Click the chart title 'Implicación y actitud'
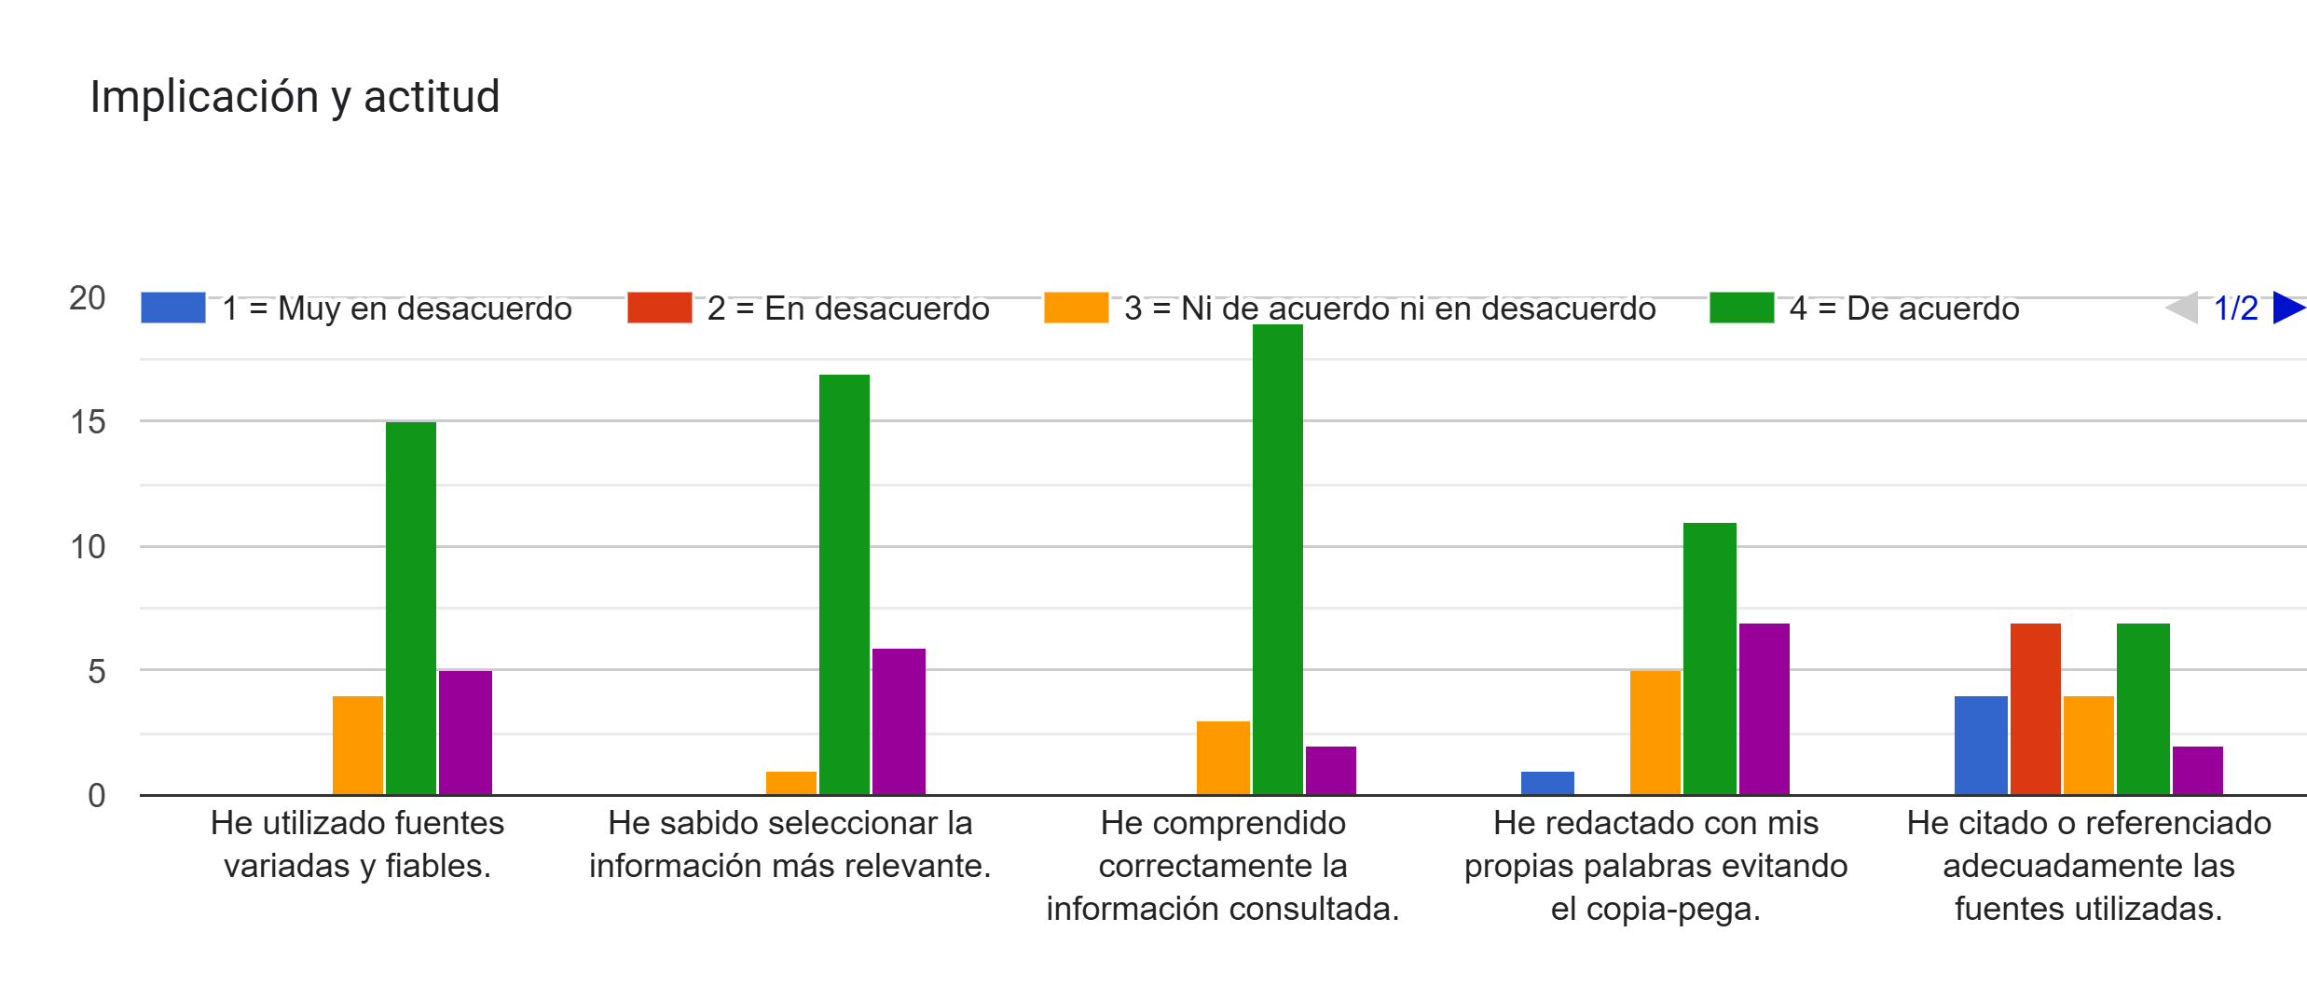click(x=295, y=97)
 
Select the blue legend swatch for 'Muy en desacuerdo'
click(x=172, y=308)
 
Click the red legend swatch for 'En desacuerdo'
click(x=659, y=308)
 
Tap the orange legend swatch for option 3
click(x=1076, y=308)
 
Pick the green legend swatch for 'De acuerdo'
click(x=1741, y=308)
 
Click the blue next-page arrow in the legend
click(x=2288, y=308)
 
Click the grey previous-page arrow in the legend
click(x=2182, y=308)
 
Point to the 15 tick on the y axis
click(x=89, y=422)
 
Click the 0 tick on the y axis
click(x=96, y=796)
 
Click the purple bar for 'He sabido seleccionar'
click(x=899, y=721)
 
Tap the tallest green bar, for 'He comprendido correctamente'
click(x=1277, y=559)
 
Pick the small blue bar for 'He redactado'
click(x=1547, y=783)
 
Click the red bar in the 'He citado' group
click(x=2035, y=708)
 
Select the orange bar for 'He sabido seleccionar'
click(x=790, y=783)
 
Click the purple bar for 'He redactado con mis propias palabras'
click(x=1764, y=708)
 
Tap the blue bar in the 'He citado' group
click(x=1981, y=746)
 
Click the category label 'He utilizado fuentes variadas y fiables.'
click(x=357, y=844)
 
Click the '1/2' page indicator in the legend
click(x=2235, y=308)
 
